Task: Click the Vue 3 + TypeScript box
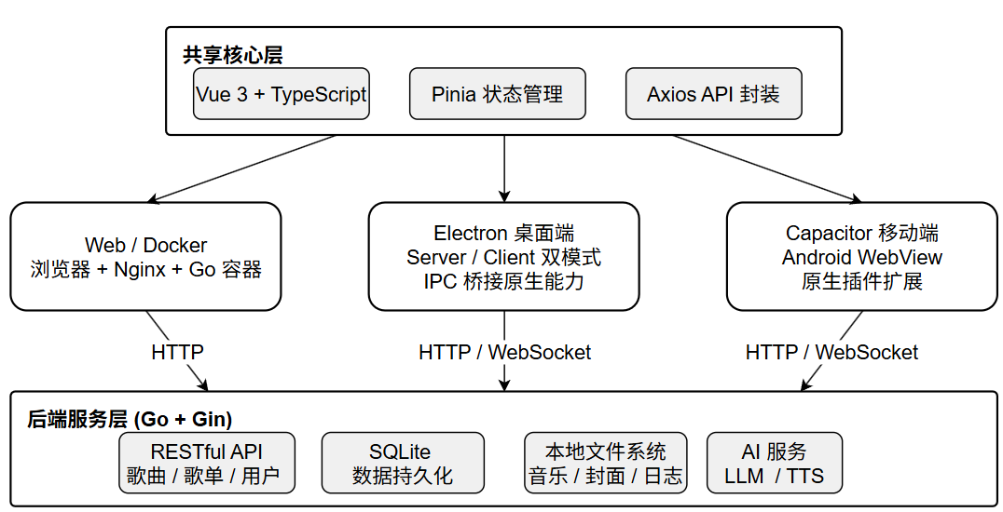point(282,94)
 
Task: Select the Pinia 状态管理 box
point(497,94)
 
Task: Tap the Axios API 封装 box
point(713,94)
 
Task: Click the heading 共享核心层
point(232,55)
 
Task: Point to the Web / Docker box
point(145,256)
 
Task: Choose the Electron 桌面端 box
point(504,256)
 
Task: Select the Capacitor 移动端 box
point(861,256)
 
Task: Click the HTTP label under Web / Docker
point(177,352)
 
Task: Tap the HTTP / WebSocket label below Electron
point(504,352)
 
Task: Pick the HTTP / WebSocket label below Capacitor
point(831,352)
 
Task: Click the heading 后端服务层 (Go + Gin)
point(130,419)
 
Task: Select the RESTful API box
point(207,463)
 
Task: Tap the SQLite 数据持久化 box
point(403,463)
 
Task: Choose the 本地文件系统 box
point(605,463)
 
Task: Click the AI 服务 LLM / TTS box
point(774,463)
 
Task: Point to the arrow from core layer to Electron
point(504,168)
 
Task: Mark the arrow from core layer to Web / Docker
point(241,168)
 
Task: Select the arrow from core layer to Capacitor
point(766,168)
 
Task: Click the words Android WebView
point(861,257)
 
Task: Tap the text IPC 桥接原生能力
point(504,281)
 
